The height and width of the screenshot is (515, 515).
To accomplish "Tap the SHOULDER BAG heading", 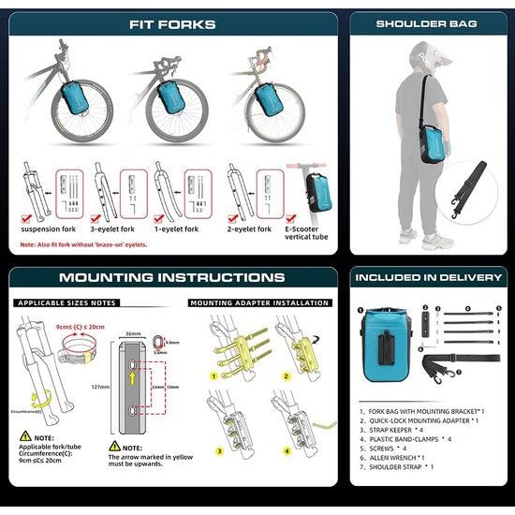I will [426, 24].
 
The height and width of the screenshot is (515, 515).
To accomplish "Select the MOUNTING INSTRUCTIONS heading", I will [171, 277].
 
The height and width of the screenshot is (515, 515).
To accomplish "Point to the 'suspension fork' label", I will [54, 228].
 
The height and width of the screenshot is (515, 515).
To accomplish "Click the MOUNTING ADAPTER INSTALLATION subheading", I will [258, 303].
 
